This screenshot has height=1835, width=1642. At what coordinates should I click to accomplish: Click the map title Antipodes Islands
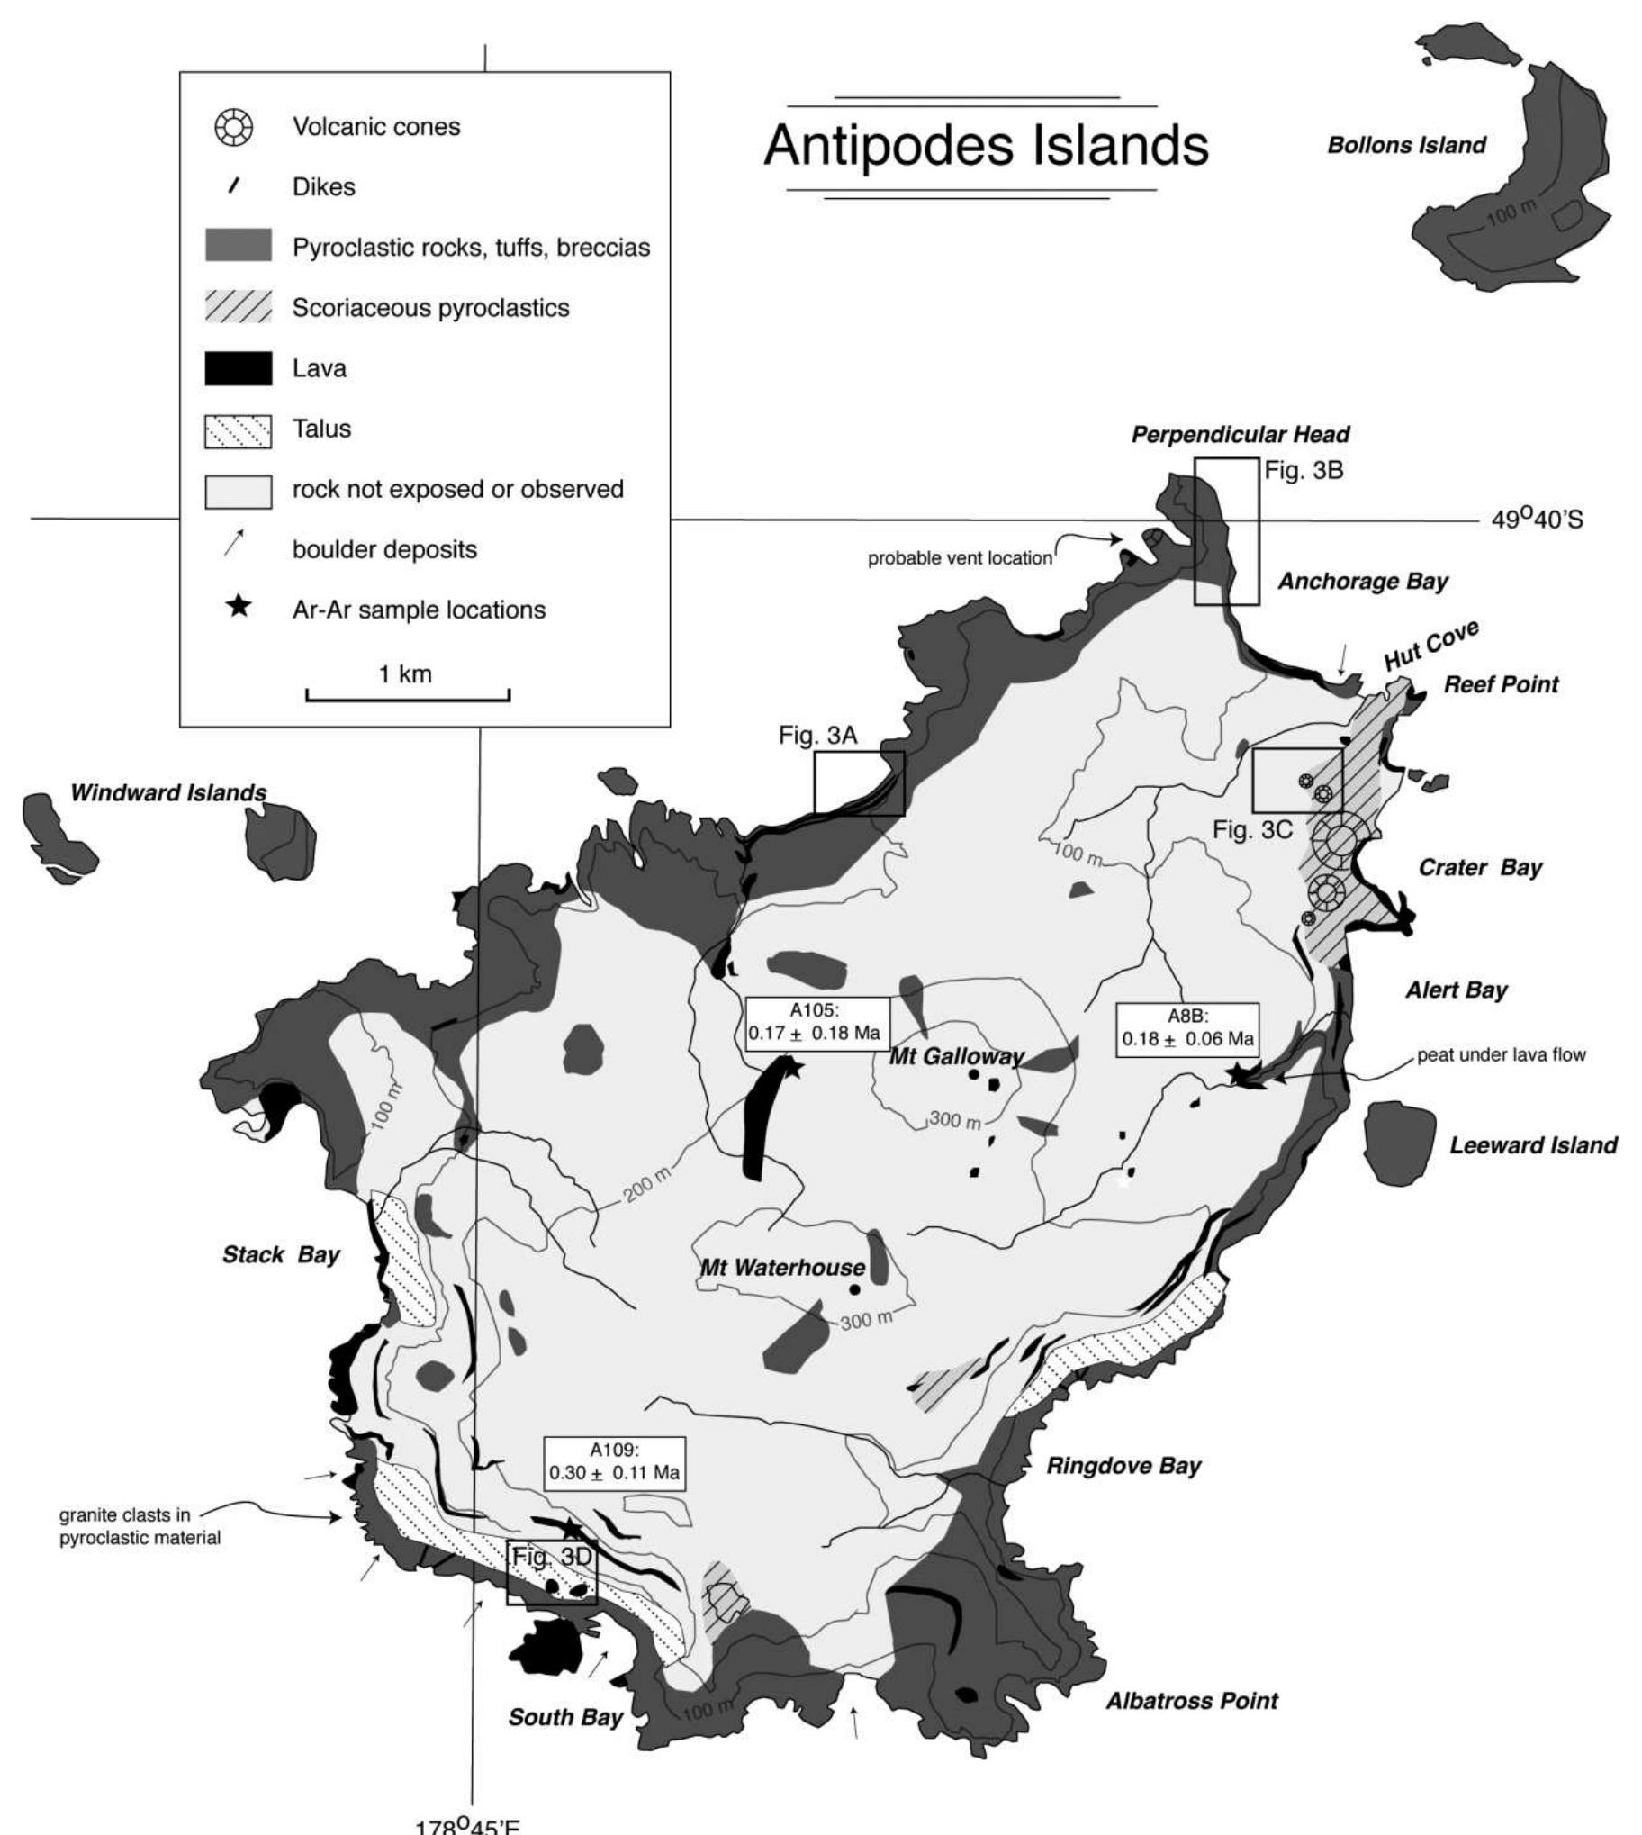985,145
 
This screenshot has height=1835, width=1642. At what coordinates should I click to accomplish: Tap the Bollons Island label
1405,145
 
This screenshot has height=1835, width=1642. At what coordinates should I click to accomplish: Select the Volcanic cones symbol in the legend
233,127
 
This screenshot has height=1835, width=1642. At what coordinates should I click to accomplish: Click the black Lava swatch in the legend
239,368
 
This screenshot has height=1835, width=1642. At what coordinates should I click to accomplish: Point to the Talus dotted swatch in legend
239,429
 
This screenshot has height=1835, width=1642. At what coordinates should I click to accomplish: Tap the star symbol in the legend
239,607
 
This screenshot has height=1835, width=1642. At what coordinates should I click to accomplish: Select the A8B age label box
1187,1028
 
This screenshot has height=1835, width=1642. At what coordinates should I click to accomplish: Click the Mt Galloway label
956,1056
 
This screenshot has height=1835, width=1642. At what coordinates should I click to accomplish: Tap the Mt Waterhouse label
782,1268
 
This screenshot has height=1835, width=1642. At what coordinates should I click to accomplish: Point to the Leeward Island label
1533,1144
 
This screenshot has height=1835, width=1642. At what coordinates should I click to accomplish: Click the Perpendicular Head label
1241,435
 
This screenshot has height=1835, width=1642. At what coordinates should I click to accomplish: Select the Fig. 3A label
818,736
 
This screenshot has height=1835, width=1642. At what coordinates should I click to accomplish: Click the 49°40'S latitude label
1537,520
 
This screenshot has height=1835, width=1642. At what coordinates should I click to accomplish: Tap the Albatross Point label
1192,1701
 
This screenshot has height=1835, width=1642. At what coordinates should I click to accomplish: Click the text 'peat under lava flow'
1502,1054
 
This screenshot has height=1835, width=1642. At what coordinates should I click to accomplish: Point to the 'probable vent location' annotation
959,558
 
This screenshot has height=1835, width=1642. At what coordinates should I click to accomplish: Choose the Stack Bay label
281,1255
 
